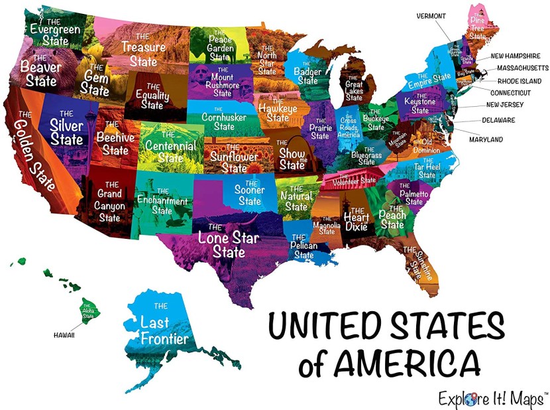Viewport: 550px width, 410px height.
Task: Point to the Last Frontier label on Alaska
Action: click(x=164, y=328)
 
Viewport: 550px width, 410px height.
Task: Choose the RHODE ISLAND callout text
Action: click(x=515, y=80)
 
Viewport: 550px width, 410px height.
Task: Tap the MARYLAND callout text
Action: click(x=485, y=139)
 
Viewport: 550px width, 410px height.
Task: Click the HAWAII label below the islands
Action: click(x=64, y=335)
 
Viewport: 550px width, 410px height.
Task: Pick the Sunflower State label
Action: click(x=235, y=159)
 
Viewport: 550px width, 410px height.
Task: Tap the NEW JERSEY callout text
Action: click(x=507, y=105)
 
